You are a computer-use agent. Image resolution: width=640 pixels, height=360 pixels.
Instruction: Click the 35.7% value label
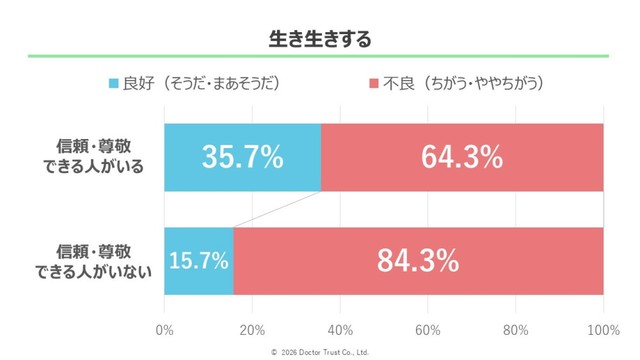pyautogui.click(x=242, y=158)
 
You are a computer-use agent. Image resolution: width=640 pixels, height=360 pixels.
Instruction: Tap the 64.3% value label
pyautogui.click(x=462, y=158)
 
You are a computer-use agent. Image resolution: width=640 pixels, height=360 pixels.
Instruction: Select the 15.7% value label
pyautogui.click(x=199, y=261)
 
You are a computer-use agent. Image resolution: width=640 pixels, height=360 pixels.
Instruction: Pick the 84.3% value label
pyautogui.click(x=418, y=261)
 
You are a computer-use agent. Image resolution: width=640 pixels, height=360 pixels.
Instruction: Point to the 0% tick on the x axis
pyautogui.click(x=166, y=330)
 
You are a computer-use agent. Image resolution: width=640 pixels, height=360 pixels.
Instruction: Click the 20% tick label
pyautogui.click(x=252, y=330)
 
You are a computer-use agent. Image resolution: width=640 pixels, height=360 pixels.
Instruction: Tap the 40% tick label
pyautogui.click(x=340, y=330)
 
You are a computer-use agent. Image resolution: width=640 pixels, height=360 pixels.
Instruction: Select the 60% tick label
pyautogui.click(x=428, y=330)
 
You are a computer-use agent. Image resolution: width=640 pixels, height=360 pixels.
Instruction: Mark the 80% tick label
pyautogui.click(x=516, y=330)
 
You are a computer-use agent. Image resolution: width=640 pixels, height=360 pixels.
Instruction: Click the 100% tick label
pyautogui.click(x=602, y=330)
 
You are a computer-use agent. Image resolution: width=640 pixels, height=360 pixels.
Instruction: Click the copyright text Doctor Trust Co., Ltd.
pyautogui.click(x=320, y=352)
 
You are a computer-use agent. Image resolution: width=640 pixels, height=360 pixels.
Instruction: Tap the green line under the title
pyautogui.click(x=320, y=57)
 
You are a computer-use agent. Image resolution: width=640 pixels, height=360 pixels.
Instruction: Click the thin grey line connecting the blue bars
pyautogui.click(x=278, y=209)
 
